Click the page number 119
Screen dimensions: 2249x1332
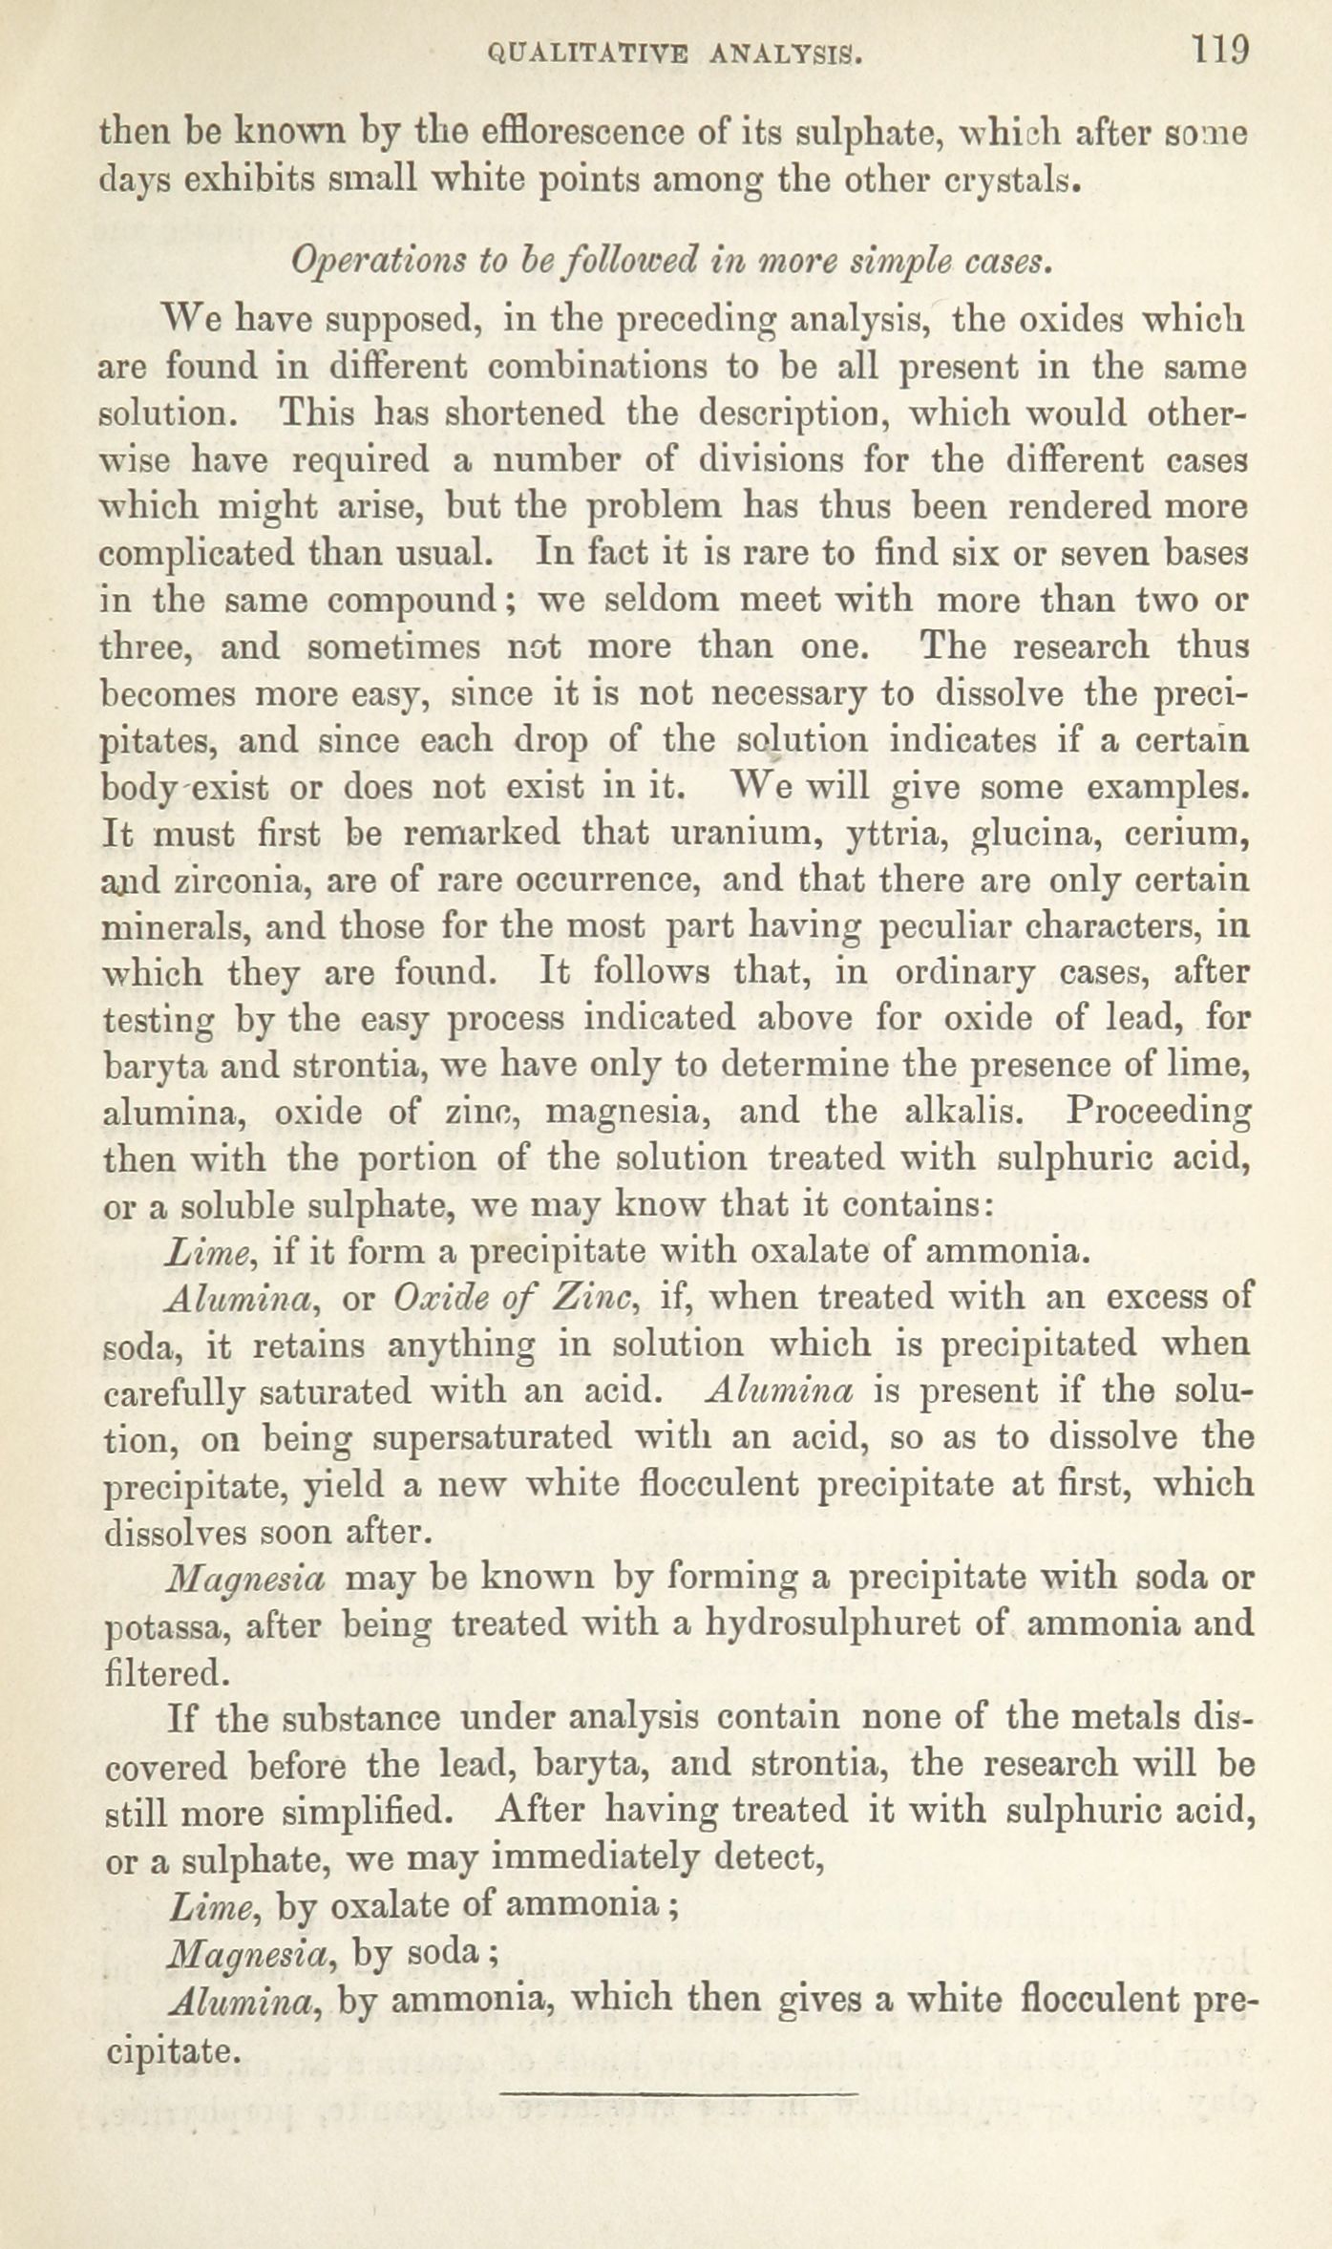(x=1219, y=49)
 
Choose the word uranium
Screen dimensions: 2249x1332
(x=748, y=834)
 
